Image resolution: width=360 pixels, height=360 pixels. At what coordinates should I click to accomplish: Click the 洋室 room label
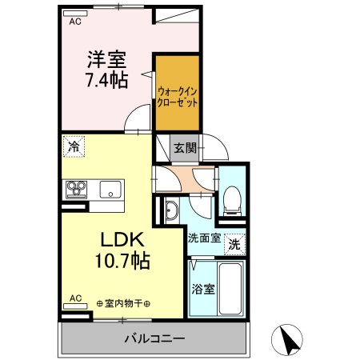(x=104, y=59)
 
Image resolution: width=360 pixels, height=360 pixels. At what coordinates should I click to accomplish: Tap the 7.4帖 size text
(x=104, y=82)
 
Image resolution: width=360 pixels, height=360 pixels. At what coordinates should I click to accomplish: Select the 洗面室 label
(x=203, y=238)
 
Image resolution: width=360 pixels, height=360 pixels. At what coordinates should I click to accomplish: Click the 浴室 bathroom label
(x=203, y=289)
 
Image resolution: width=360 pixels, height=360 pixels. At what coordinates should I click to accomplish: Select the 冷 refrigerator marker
(x=73, y=147)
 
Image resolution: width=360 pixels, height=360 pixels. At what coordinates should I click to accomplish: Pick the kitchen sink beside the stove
(x=110, y=190)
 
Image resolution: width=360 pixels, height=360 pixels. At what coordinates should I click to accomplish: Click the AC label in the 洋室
(x=74, y=22)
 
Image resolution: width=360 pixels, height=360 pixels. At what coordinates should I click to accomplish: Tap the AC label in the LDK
(x=75, y=299)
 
